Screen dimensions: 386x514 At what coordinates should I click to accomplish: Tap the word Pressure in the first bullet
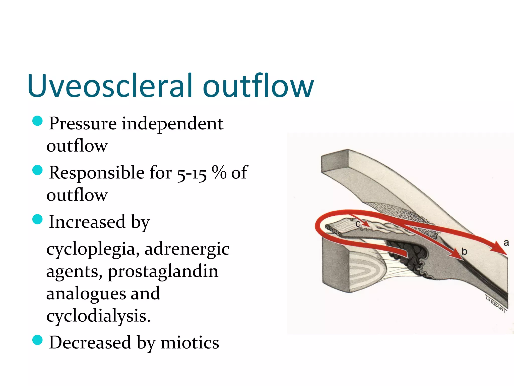tap(83, 124)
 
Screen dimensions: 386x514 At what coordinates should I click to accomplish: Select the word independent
tap(172, 124)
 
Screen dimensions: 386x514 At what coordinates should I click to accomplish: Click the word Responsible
tap(97, 173)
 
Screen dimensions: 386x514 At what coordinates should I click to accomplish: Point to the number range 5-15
tap(192, 173)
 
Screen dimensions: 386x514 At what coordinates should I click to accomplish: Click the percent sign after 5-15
tap(219, 172)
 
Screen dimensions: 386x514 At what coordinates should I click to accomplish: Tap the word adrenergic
tap(187, 249)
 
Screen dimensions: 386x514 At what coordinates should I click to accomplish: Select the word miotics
tap(190, 343)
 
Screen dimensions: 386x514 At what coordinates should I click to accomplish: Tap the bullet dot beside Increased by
tap(38, 219)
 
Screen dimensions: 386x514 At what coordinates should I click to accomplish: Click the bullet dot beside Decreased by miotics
tap(38, 340)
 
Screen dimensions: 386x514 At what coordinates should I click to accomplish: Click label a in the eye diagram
tap(506, 243)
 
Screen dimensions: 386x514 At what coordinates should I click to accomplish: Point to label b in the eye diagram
tap(464, 251)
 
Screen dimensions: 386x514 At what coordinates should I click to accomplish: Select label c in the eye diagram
tap(358, 224)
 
